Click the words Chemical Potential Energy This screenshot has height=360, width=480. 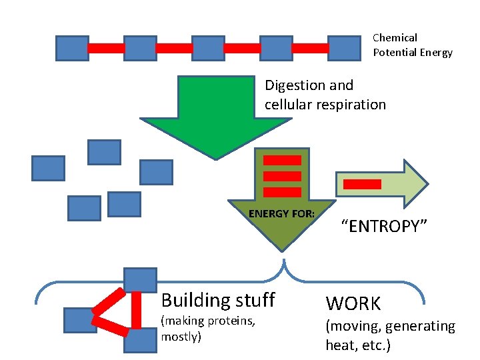tap(412, 45)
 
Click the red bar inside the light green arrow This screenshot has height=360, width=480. tap(361, 184)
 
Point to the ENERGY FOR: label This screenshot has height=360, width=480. tap(281, 213)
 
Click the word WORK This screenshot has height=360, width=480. tap(353, 304)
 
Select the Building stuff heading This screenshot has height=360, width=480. tap(218, 299)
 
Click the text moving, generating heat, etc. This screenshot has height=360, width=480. tap(390, 335)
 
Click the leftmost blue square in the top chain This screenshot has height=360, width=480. tap(72, 48)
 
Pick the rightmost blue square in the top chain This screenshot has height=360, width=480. tap(345, 48)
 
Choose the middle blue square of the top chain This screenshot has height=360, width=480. tap(209, 48)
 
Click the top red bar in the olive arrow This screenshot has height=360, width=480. tap(282, 160)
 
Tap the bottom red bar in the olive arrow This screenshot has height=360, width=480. tap(282, 193)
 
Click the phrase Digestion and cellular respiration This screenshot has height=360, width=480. tap(325, 95)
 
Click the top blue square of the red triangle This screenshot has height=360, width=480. tap(140, 280)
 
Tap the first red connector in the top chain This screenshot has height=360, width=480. tap(106, 48)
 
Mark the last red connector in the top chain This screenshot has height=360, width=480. tap(311, 48)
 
